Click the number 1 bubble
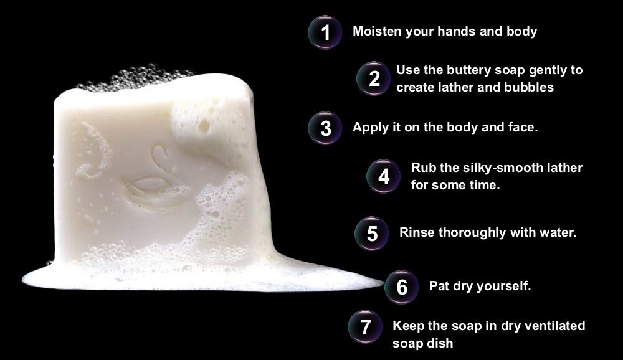[325, 32]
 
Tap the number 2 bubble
[374, 78]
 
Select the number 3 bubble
[325, 128]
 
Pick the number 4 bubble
[383, 176]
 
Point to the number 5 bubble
[372, 233]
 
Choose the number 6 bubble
[401, 287]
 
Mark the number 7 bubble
[365, 326]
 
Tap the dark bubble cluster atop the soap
[135, 76]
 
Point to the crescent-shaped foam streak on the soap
[95, 150]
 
